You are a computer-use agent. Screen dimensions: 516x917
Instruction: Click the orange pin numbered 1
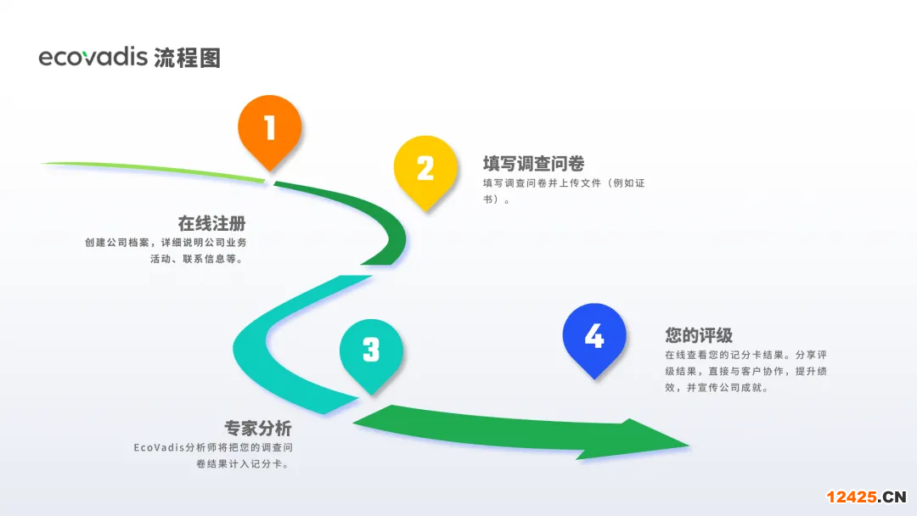click(270, 129)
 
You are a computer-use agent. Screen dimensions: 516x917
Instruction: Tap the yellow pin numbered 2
click(425, 169)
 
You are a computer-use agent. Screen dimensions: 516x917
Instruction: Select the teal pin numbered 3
click(371, 351)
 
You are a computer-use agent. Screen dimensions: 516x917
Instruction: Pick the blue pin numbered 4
click(594, 337)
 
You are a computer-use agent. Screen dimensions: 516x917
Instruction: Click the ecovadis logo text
click(93, 57)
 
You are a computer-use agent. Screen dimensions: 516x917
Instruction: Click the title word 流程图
click(188, 58)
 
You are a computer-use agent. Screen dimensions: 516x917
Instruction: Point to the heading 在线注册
click(211, 224)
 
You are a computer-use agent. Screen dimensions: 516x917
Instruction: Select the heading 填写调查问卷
click(533, 164)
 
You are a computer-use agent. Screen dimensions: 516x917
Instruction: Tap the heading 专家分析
click(257, 429)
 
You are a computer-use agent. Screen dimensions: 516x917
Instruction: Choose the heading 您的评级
click(699, 335)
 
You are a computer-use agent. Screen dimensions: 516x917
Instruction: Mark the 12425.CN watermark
click(866, 496)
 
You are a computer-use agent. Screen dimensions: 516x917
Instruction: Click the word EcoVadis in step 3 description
click(158, 447)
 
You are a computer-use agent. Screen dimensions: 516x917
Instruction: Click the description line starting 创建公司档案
click(166, 242)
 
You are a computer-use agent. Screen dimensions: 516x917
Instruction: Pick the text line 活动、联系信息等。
click(198, 259)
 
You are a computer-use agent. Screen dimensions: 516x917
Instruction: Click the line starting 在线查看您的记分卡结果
click(745, 355)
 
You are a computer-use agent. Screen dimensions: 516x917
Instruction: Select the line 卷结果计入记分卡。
click(243, 464)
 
